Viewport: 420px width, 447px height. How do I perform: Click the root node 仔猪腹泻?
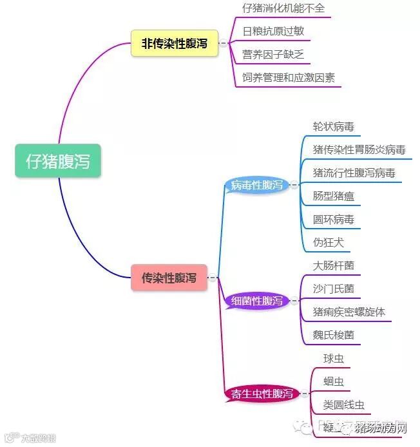pos(58,161)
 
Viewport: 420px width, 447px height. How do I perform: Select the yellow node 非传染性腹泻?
pos(175,44)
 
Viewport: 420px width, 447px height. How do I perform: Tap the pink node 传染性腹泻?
pos(169,278)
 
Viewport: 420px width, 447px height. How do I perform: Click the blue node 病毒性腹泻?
pos(257,185)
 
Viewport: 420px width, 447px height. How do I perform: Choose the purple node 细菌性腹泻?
pos(256,301)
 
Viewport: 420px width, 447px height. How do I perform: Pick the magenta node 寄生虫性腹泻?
pos(262,394)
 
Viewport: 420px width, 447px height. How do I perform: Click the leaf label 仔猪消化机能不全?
pos(283,8)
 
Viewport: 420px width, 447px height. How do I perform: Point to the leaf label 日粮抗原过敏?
pos(273,31)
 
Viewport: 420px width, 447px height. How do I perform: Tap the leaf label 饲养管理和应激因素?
pos(288,78)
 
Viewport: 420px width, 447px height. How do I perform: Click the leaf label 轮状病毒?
pos(333,127)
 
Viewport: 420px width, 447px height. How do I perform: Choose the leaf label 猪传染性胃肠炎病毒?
pos(359,150)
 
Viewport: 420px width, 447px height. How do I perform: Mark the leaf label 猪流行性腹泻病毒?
pos(354,173)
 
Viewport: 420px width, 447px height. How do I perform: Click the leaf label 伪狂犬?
pos(329,242)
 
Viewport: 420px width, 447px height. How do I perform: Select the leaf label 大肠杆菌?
pos(333,265)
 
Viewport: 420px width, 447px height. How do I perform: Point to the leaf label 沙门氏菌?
pos(333,289)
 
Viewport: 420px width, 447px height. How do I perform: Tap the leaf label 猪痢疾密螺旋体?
pos(348,312)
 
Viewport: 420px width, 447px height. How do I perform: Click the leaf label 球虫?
pos(334,358)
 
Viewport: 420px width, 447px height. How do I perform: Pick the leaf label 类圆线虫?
pos(343,404)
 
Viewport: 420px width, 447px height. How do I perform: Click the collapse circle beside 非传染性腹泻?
pos(224,44)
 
